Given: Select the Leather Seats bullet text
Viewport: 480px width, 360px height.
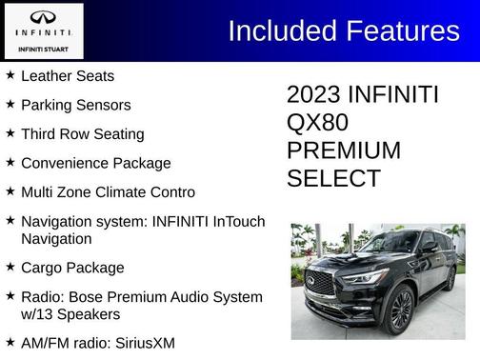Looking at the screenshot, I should click(x=68, y=75).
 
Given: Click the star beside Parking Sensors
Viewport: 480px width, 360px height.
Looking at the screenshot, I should click(x=10, y=104).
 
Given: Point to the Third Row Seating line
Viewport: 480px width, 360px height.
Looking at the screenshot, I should click(x=83, y=134).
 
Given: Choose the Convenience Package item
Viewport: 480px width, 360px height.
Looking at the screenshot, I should click(x=96, y=163).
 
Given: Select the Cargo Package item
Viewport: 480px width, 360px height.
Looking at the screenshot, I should click(x=72, y=268).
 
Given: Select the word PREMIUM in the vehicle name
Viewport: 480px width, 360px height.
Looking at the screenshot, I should click(x=344, y=150).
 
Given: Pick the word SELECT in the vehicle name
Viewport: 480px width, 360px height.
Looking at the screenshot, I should click(x=333, y=178).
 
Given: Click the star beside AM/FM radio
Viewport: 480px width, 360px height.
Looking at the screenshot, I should click(x=10, y=341).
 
